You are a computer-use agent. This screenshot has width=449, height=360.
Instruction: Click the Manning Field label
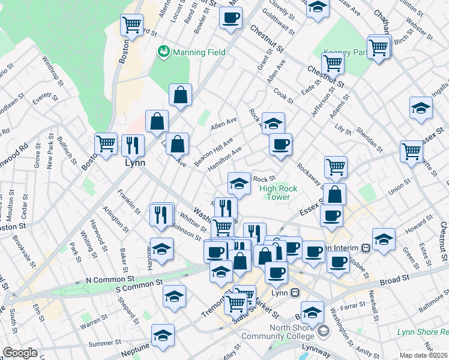tap(199, 52)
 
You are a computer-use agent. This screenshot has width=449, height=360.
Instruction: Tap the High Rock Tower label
tap(279, 193)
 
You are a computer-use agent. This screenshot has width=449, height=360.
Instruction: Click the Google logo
tap(20, 353)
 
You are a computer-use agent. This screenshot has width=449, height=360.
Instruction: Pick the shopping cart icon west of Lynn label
tap(106, 144)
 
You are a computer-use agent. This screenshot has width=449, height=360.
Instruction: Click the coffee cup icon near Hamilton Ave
tap(280, 144)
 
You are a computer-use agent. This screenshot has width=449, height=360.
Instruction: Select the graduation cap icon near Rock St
tap(239, 183)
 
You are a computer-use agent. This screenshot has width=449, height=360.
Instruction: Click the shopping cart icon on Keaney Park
tap(379, 46)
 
